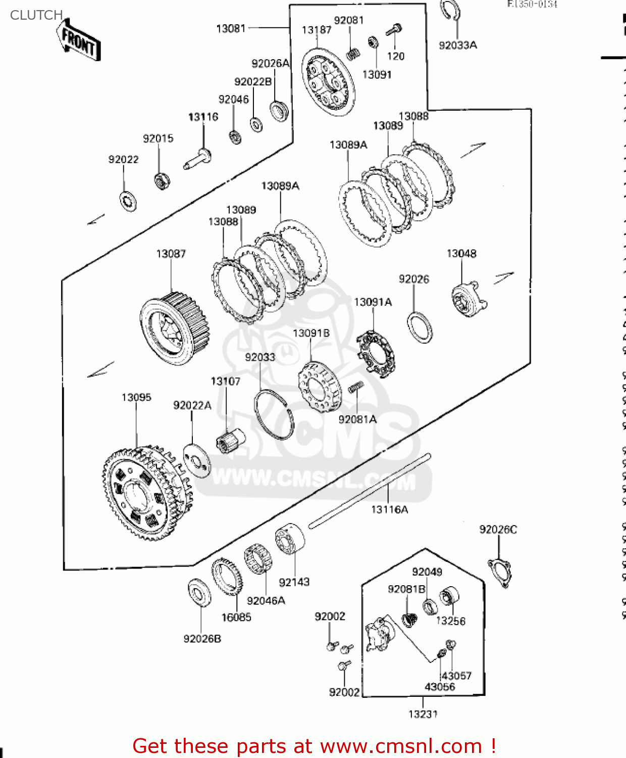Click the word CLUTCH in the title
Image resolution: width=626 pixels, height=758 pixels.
point(36,15)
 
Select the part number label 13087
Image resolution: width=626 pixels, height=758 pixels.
point(171,254)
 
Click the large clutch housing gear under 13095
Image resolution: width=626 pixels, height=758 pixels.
point(146,493)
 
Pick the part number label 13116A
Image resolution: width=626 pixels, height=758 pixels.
point(389,509)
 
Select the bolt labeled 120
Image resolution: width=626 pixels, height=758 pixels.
point(394,30)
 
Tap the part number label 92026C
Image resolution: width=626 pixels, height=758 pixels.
point(498,530)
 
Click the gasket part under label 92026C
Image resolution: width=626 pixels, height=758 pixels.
point(499,573)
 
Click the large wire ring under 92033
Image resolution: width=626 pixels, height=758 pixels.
point(274,414)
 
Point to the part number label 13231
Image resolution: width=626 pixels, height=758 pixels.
point(423,714)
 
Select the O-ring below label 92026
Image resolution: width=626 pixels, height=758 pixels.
point(420,327)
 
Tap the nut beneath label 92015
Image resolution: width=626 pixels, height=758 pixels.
point(162,180)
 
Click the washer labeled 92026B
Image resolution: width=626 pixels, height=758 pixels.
point(199,593)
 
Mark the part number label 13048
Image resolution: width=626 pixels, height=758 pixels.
point(461,254)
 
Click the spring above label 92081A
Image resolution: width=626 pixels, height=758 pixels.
point(356,387)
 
